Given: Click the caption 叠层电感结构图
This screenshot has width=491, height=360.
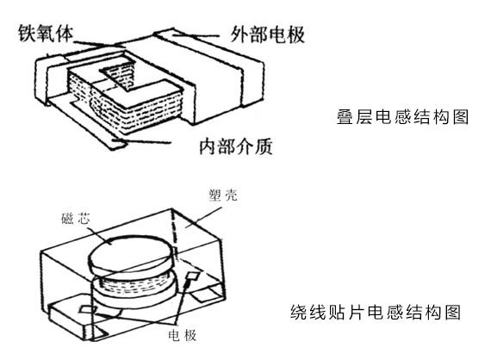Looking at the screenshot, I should coord(402,117).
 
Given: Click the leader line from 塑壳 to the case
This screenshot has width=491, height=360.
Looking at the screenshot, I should coord(212,207).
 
